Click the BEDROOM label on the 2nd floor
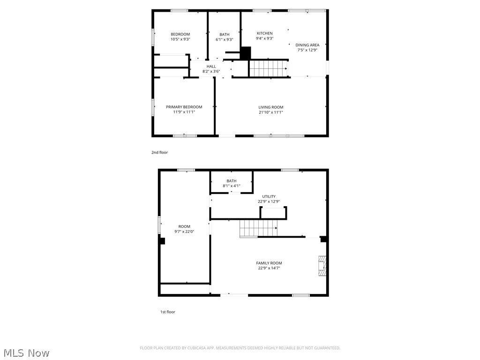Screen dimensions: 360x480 point(180,34)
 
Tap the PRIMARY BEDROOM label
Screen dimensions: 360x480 point(184,107)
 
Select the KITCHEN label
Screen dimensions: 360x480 point(264,33)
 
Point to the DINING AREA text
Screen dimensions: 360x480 point(307,45)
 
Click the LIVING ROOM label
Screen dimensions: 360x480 point(271,107)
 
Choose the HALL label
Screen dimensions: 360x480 point(211,67)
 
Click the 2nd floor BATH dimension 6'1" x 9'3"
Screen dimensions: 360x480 point(225,40)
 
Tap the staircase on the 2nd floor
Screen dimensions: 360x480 point(268,68)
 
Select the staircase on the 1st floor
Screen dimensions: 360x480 point(258,229)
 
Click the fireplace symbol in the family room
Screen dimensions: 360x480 point(322,265)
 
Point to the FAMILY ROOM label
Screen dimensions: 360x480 point(269,263)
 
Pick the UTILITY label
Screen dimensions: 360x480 point(269,196)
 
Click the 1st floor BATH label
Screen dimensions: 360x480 point(232,181)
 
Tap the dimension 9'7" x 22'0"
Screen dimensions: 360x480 point(184,232)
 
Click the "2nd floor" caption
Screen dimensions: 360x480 point(159,152)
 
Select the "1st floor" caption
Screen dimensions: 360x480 point(167,312)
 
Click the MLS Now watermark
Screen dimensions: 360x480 point(26,352)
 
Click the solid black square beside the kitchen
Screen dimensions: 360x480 point(246,53)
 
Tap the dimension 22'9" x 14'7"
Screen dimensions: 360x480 point(270,268)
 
